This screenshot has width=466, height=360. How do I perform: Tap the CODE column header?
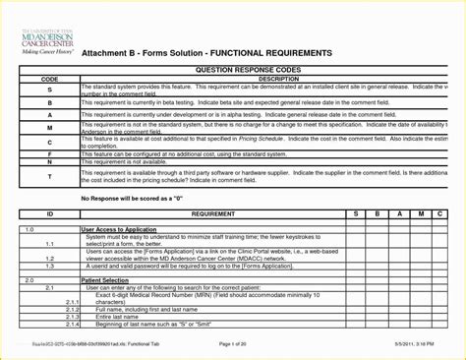[49, 79]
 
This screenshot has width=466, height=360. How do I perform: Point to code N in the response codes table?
[49, 161]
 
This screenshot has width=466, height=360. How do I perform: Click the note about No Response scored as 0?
[131, 199]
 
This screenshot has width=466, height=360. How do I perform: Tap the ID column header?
[49, 212]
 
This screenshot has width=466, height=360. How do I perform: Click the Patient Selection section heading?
[108, 280]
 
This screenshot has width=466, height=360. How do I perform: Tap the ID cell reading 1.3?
[49, 266]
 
